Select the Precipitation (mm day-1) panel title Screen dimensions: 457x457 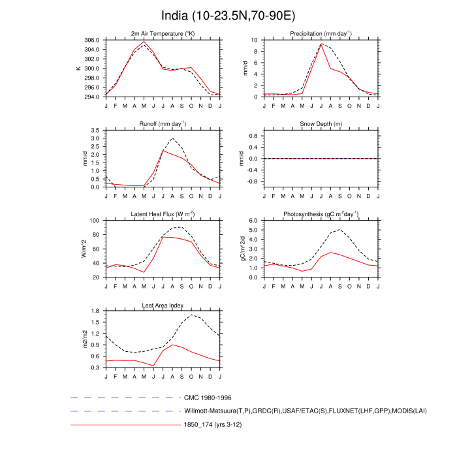(x=321, y=33)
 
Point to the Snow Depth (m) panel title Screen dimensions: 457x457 (x=321, y=124)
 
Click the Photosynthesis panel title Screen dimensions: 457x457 (x=321, y=214)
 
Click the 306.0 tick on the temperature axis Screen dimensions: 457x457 (x=91, y=40)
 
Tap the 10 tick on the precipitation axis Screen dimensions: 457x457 (x=255, y=40)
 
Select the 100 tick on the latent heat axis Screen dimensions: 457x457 (x=94, y=221)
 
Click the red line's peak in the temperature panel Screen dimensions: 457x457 (x=144, y=42)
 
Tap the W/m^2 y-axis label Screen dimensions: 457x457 (x=84, y=249)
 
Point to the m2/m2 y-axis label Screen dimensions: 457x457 (x=84, y=339)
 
